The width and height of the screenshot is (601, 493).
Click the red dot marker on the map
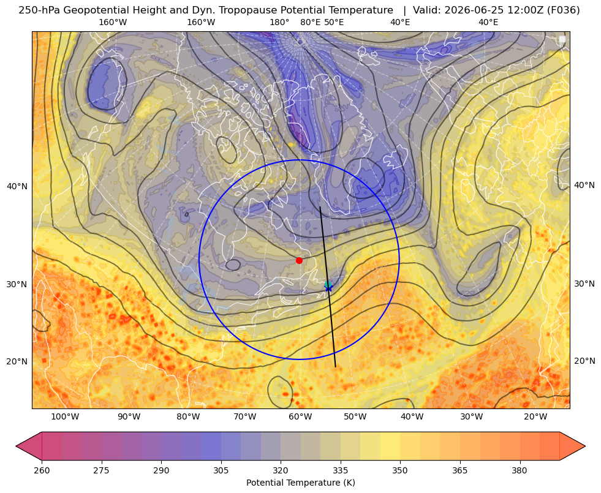click(x=300, y=260)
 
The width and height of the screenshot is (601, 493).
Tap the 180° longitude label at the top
click(x=279, y=22)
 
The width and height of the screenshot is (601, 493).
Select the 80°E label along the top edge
click(x=311, y=22)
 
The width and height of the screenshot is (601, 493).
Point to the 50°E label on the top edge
click(x=334, y=22)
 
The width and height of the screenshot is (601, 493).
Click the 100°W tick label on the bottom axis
click(x=65, y=417)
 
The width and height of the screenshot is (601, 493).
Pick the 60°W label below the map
click(x=300, y=417)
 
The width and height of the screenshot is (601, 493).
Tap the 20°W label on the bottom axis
click(x=535, y=417)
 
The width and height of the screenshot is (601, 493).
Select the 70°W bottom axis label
click(x=245, y=417)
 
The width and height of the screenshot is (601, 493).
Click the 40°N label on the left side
click(x=17, y=186)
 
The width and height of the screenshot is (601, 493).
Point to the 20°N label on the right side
click(x=584, y=361)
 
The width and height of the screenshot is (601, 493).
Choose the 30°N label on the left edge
click(x=17, y=284)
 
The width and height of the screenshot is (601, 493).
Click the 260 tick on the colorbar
click(x=42, y=470)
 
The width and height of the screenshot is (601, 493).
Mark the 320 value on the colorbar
click(x=281, y=470)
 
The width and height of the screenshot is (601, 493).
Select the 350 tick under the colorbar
click(x=400, y=470)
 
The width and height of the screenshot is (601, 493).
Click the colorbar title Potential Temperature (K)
click(x=300, y=483)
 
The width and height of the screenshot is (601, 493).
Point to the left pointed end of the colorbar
click(x=17, y=446)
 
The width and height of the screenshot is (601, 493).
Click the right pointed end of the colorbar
click(x=585, y=446)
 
